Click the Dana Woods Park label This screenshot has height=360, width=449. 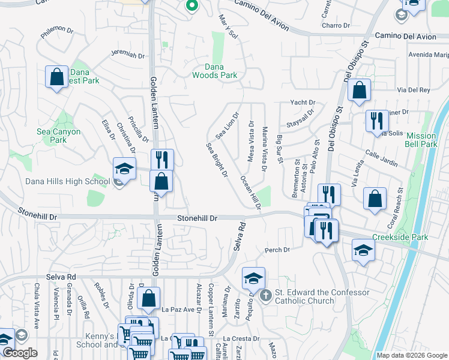214,71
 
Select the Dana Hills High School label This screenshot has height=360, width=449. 59,182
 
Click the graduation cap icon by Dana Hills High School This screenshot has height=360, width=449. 124,169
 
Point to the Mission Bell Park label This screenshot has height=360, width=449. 429,140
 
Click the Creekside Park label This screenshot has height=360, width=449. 400,237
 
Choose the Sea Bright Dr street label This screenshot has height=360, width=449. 217,160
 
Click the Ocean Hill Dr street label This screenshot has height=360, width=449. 251,192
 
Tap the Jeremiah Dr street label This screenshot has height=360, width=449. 128,55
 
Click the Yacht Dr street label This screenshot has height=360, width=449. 303,103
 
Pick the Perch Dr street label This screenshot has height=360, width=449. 277,250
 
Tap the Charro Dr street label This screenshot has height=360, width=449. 336,26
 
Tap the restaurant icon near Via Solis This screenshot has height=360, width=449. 377,121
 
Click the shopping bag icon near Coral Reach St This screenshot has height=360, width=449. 375,199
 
